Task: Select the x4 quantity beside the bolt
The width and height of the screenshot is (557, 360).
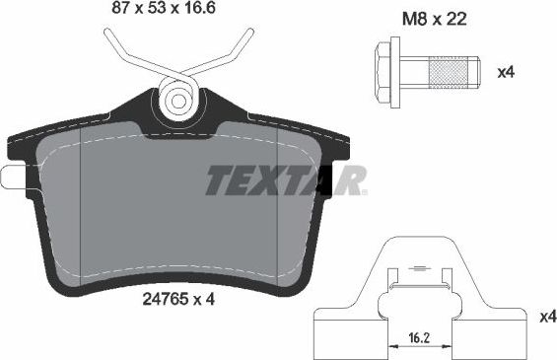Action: (x=507, y=72)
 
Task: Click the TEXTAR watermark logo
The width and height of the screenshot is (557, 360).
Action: (x=286, y=181)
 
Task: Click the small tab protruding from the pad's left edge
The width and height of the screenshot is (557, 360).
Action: (x=12, y=179)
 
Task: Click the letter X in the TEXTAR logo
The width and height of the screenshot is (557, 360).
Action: (x=278, y=181)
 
